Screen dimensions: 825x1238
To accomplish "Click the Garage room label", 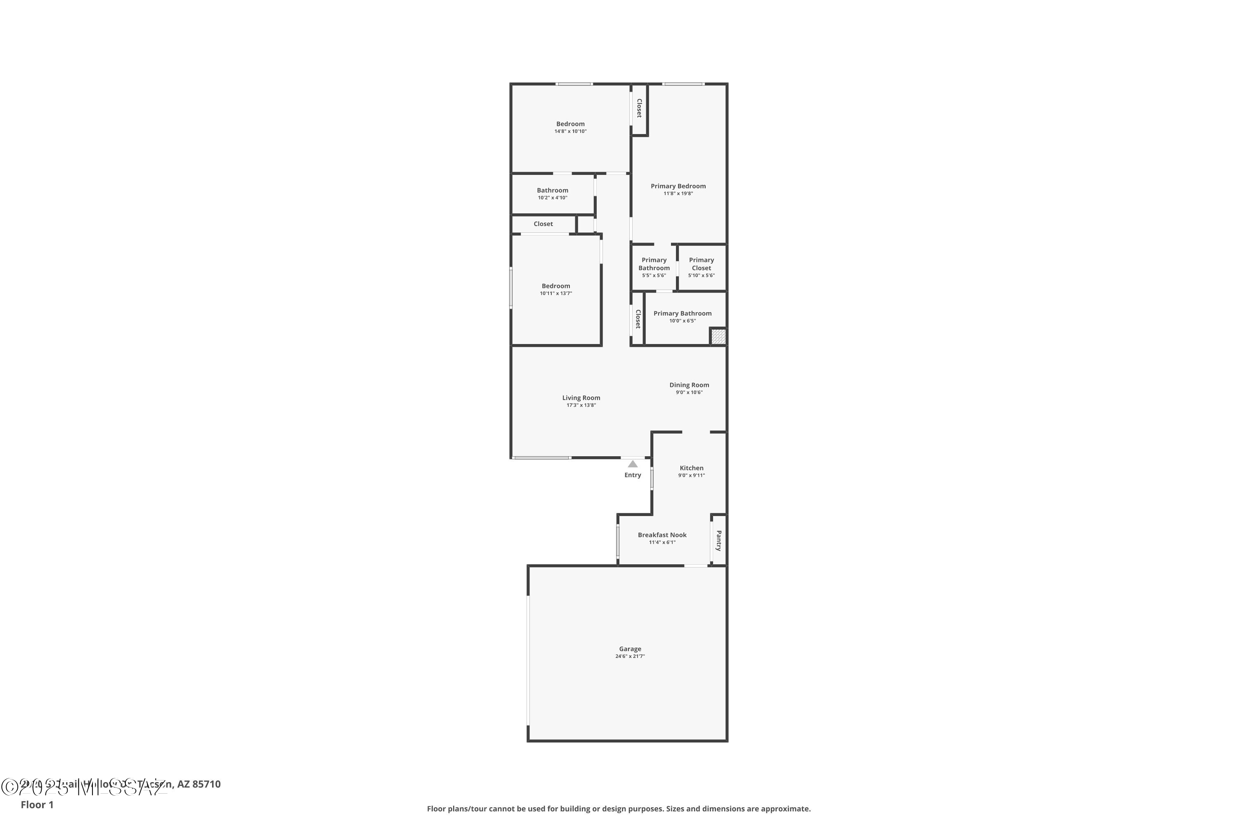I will (630, 649).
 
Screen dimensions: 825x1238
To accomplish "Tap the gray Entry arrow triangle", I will (633, 464).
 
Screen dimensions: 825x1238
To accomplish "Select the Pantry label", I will (718, 540).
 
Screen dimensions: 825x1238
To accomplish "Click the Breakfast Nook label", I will (662, 535).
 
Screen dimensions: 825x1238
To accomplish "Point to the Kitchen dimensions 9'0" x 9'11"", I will (691, 475).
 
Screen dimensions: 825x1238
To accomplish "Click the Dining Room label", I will (689, 384).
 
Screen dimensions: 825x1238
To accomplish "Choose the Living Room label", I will (581, 398).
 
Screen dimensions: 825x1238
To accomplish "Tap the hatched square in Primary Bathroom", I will (718, 336).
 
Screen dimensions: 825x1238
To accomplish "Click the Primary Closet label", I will (701, 264).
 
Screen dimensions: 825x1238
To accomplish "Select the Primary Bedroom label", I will (678, 186).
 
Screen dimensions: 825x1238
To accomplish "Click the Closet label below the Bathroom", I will (543, 224).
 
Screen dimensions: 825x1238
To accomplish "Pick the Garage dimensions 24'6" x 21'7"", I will (630, 656).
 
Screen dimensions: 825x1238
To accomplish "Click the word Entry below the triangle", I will (633, 475).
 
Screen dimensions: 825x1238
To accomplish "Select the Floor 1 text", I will (37, 804).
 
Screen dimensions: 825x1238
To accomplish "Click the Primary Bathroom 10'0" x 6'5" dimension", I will (682, 321).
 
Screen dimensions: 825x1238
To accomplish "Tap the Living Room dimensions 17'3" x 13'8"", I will (581, 405).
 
